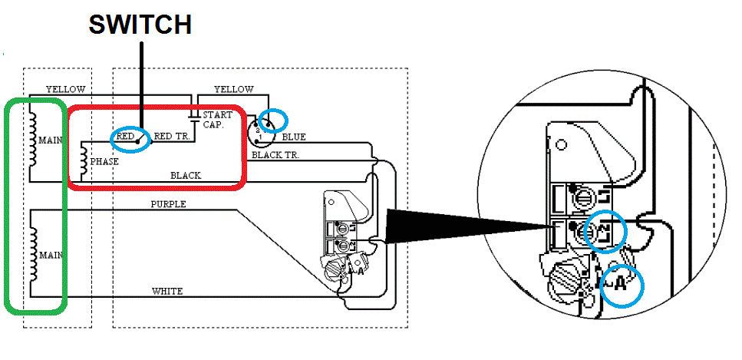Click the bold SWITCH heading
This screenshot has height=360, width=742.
click(x=140, y=25)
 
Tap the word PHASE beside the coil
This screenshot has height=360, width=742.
click(x=104, y=163)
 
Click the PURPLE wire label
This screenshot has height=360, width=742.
click(x=168, y=205)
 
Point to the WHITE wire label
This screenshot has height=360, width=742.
click(x=167, y=291)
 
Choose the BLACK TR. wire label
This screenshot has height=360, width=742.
click(x=275, y=154)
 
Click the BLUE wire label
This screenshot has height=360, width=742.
click(x=293, y=137)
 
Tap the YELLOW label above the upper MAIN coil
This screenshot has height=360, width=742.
click(x=65, y=89)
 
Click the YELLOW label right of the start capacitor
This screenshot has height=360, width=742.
click(x=233, y=89)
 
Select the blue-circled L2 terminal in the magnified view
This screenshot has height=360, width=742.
click(x=605, y=231)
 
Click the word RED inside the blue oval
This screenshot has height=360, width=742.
click(x=125, y=137)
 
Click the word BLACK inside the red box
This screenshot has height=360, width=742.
click(x=186, y=176)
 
